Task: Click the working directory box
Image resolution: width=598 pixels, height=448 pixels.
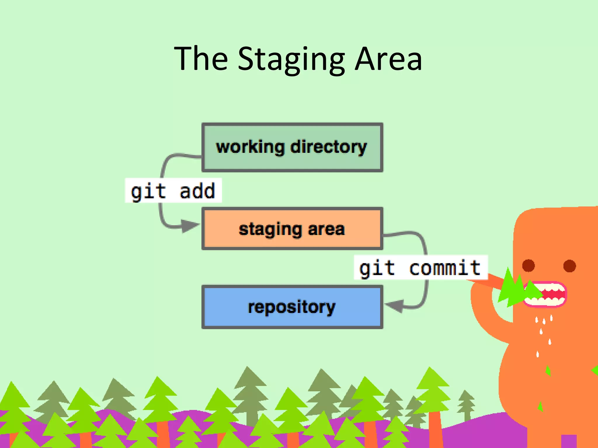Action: (292, 147)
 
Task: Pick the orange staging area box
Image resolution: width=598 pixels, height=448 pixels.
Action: (292, 229)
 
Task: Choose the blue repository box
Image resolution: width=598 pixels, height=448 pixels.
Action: (292, 307)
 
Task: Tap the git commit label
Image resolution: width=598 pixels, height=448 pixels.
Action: (420, 267)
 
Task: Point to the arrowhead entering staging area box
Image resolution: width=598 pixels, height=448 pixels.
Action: (190, 225)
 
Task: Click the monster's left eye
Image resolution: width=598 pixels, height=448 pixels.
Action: (528, 265)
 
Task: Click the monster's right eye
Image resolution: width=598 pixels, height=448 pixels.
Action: (569, 265)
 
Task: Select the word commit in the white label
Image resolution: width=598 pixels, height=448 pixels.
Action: (444, 268)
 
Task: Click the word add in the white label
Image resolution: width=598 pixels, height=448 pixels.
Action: (197, 191)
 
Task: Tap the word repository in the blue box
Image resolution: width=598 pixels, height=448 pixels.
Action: (292, 307)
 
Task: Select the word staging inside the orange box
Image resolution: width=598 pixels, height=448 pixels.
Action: (270, 229)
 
